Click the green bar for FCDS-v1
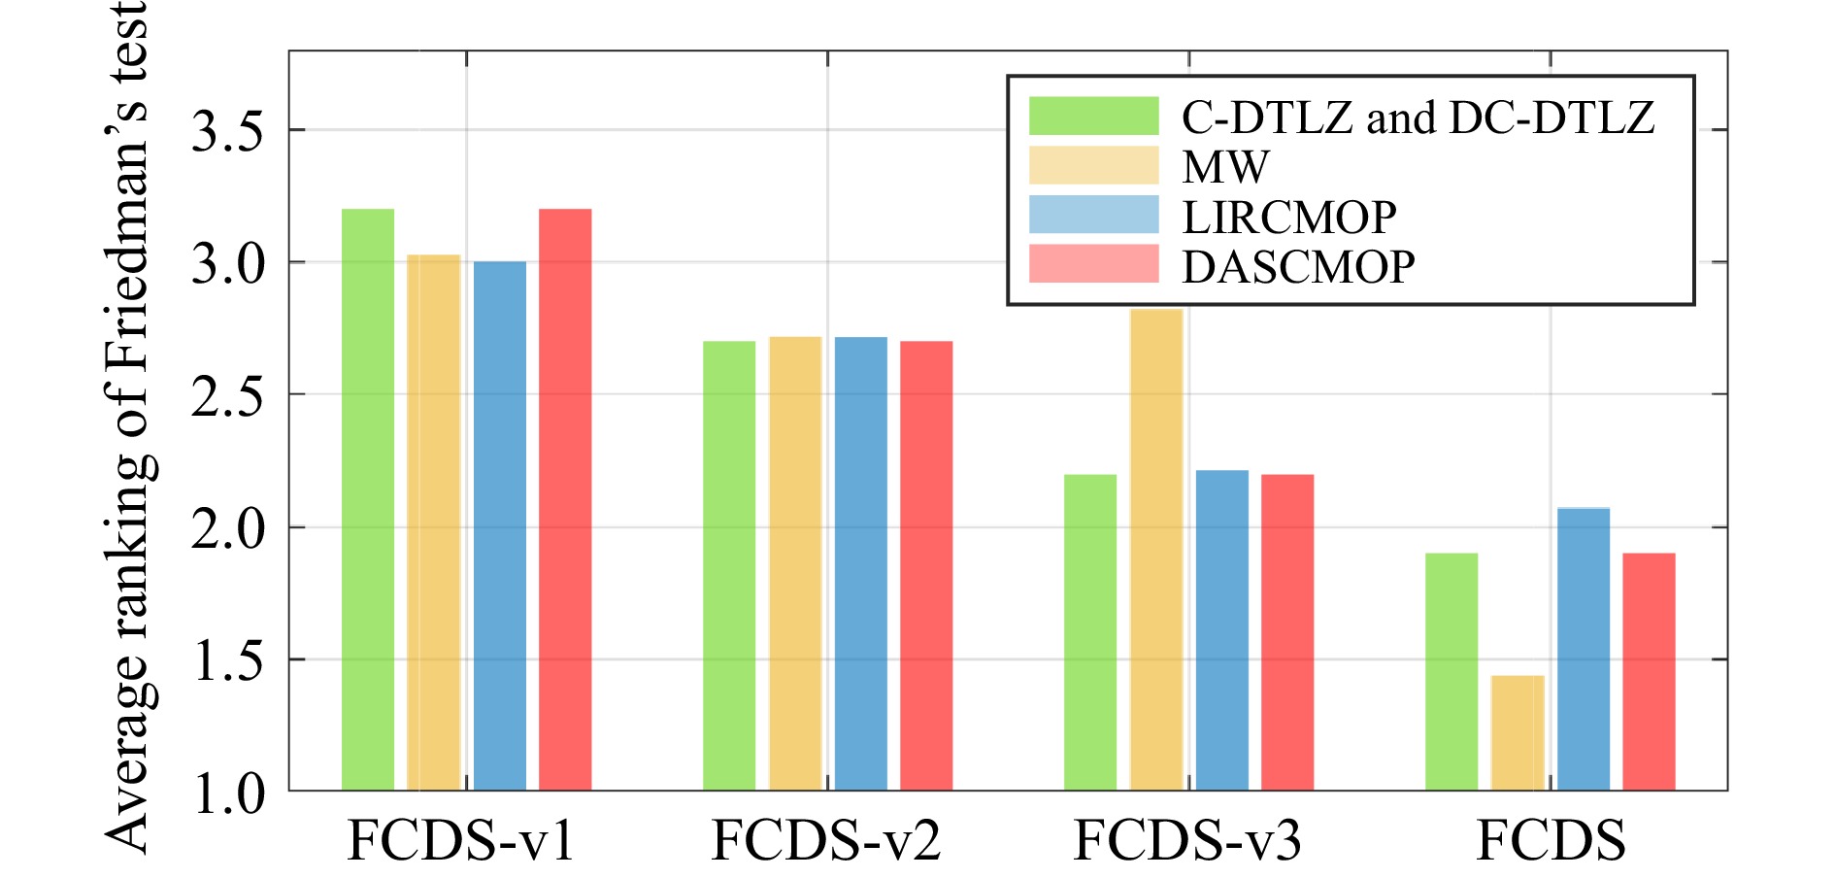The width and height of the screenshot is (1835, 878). tap(368, 499)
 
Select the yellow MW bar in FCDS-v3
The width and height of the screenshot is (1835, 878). tap(1156, 550)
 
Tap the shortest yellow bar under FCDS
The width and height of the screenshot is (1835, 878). tap(1518, 733)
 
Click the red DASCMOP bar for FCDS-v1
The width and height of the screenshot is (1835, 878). tap(565, 499)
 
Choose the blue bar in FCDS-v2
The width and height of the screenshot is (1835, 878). tap(861, 563)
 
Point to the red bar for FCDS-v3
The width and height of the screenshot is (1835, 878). tap(1287, 632)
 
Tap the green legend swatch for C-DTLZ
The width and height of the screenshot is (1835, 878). tap(1094, 116)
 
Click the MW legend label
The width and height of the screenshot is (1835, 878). tap(1225, 167)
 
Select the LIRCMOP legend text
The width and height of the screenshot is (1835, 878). tap(1289, 217)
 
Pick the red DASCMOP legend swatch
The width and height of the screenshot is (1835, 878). tap(1094, 264)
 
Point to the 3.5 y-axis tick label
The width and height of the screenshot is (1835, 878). tap(227, 131)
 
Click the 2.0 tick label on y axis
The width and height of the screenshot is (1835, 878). tap(227, 529)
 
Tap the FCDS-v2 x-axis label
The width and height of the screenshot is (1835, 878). tap(826, 840)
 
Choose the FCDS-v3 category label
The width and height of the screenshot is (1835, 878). tap(1187, 840)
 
